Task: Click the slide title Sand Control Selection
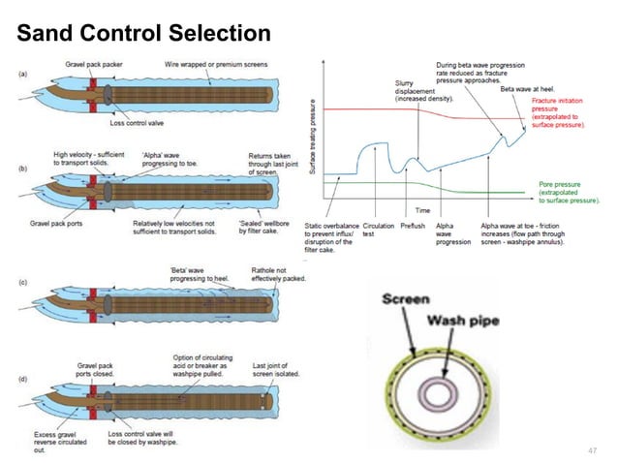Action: [143, 35]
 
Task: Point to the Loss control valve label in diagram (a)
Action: [154, 124]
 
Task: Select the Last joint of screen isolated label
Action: [274, 369]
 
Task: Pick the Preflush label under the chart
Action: [412, 226]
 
